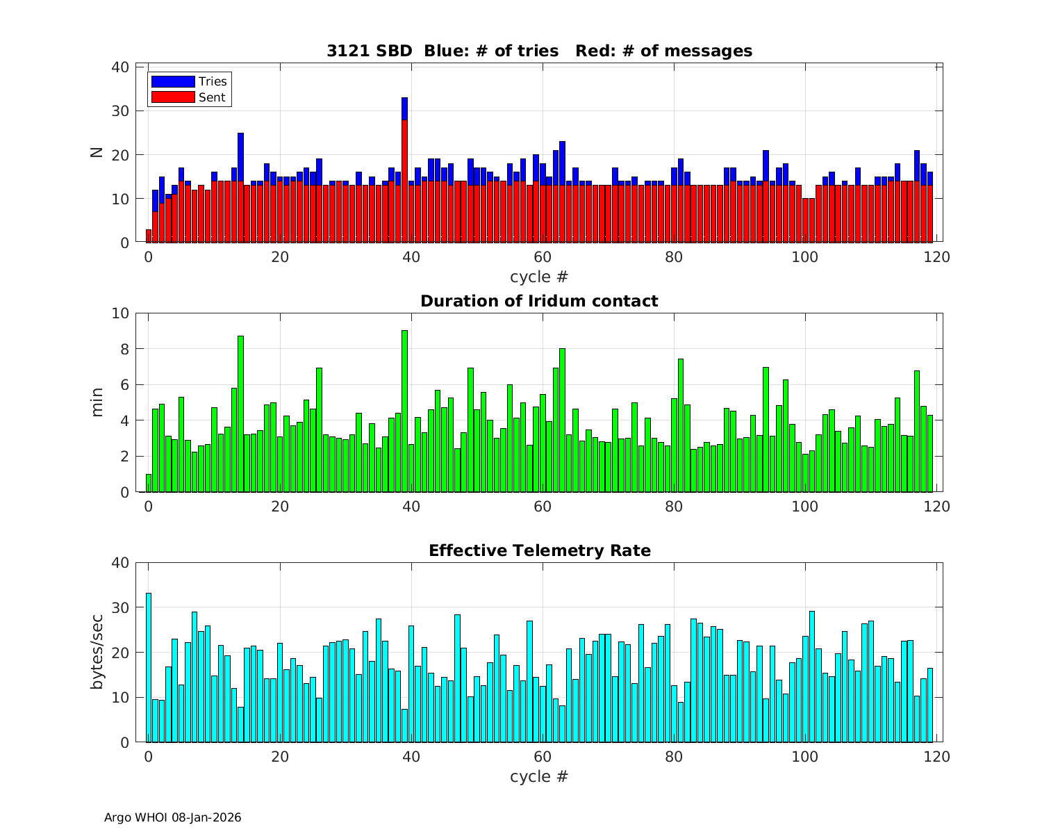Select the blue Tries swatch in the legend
point(173,82)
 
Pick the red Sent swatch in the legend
point(173,97)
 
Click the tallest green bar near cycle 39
point(404,410)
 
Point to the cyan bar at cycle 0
point(149,667)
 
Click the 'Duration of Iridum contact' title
point(539,301)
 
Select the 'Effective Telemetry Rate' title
point(539,551)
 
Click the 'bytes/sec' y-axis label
point(97,653)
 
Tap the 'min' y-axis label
point(97,402)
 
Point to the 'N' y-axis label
point(97,152)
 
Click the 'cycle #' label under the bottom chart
point(539,776)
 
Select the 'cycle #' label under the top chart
point(539,277)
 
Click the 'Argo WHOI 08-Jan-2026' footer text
point(173,818)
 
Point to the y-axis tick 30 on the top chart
point(120,111)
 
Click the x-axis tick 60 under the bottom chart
point(543,757)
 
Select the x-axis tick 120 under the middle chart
point(937,507)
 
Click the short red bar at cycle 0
point(149,236)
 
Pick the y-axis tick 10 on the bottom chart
point(120,698)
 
